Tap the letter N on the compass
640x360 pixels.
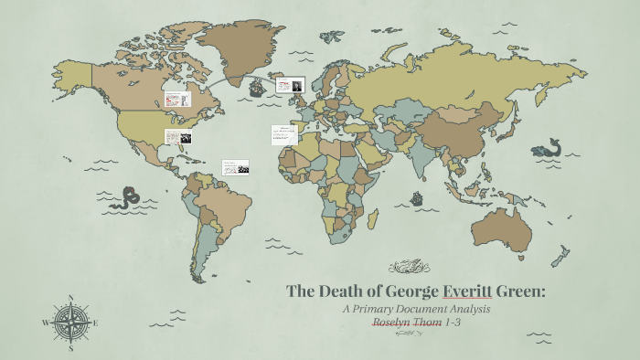(x=70, y=297)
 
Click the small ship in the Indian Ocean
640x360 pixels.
(x=417, y=198)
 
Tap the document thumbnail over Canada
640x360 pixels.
(x=176, y=98)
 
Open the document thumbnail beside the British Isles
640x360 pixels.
(x=290, y=85)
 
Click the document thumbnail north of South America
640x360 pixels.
(x=236, y=167)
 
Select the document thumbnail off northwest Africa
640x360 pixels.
(x=283, y=134)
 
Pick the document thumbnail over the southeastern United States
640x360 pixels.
(x=177, y=137)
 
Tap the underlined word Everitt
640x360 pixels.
(x=467, y=291)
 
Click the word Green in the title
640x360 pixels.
(x=520, y=291)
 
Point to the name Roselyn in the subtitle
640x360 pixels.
(x=399, y=323)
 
